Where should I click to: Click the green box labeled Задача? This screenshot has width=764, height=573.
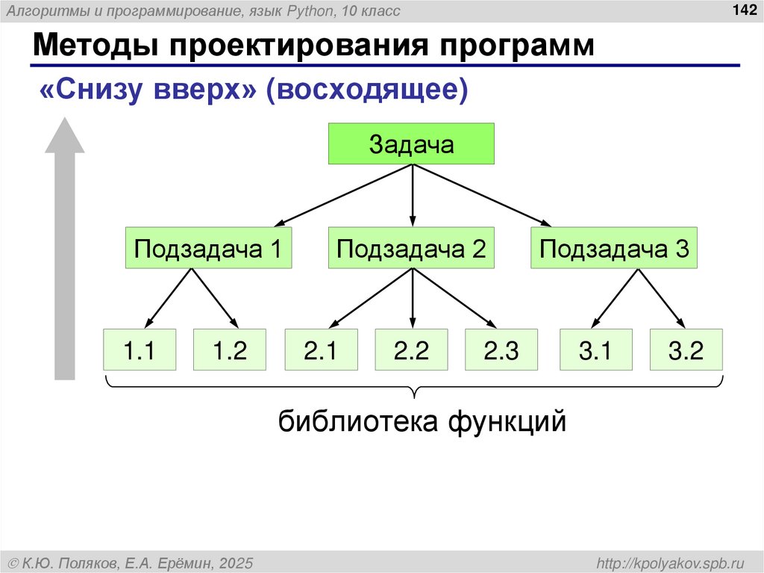pos(412,144)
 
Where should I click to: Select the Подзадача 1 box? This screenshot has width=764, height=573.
pos(208,248)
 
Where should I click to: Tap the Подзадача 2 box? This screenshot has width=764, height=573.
pos(412,248)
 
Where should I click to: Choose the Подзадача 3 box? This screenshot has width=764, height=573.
pos(614,248)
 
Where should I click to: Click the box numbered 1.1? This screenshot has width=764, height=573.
pos(140,350)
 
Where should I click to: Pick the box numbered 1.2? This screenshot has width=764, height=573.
pos(230,350)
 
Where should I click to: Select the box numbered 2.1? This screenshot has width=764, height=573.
pos(321,350)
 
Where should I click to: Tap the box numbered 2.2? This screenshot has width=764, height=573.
pos(412,350)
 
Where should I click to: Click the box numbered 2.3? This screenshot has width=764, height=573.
pos(501,350)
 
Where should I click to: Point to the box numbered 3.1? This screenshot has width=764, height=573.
pos(595,350)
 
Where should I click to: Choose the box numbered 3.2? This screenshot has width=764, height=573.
pos(686,350)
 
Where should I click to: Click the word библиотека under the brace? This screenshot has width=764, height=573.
pos(357,422)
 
